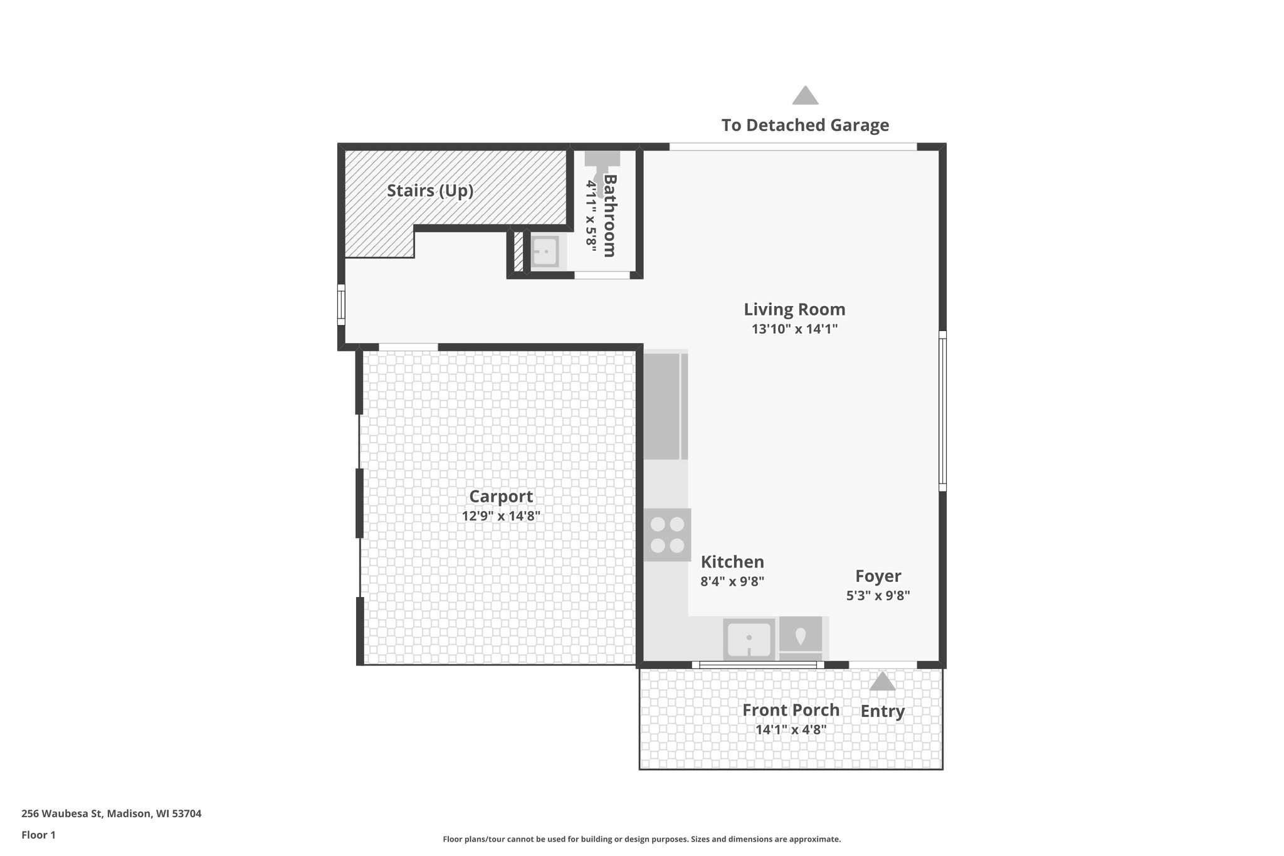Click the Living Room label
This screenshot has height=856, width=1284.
pyautogui.click(x=794, y=309)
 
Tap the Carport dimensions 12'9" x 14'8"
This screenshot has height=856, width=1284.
pyautogui.click(x=501, y=516)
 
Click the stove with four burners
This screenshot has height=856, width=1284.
pyautogui.click(x=667, y=534)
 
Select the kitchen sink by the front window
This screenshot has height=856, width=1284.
pyautogui.click(x=749, y=638)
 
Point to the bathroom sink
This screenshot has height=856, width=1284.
pyautogui.click(x=545, y=252)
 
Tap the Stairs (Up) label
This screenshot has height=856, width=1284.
pyautogui.click(x=429, y=191)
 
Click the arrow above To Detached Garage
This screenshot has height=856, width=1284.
pyautogui.click(x=805, y=96)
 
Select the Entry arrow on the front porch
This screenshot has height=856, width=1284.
pyautogui.click(x=882, y=682)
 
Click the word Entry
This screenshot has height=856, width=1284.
pyautogui.click(x=882, y=711)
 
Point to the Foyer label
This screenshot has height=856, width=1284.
pyautogui.click(x=878, y=576)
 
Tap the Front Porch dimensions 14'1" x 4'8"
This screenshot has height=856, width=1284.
pyautogui.click(x=791, y=730)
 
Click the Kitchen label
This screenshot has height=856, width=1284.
pyautogui.click(x=732, y=561)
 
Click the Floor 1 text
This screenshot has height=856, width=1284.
pyautogui.click(x=38, y=835)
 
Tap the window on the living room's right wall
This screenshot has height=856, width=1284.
pyautogui.click(x=942, y=411)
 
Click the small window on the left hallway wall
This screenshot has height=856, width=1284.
pyautogui.click(x=341, y=305)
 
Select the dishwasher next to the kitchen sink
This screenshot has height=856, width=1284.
pyautogui.click(x=801, y=637)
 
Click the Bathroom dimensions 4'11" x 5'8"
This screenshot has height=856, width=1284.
pyautogui.click(x=591, y=216)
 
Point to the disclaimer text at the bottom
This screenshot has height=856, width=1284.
pyautogui.click(x=641, y=839)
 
